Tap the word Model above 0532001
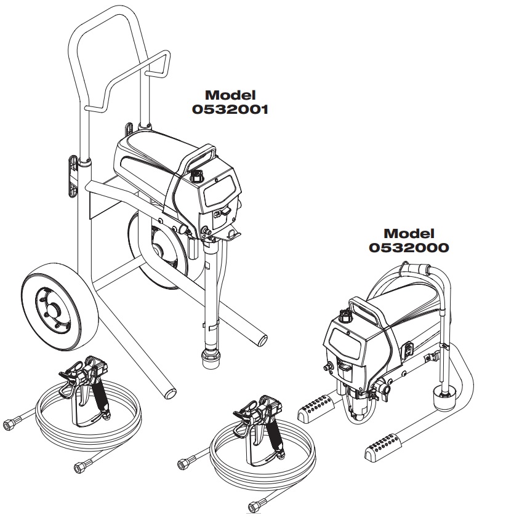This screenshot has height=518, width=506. (x=230, y=95)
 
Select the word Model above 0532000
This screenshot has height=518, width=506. (x=409, y=234)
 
